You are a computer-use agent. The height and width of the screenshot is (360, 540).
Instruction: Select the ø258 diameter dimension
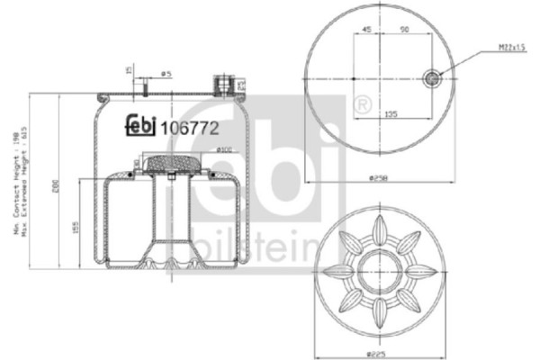[378, 177]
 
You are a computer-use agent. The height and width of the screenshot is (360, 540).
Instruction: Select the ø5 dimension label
[166, 73]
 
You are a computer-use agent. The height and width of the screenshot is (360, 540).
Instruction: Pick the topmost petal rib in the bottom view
[379, 229]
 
